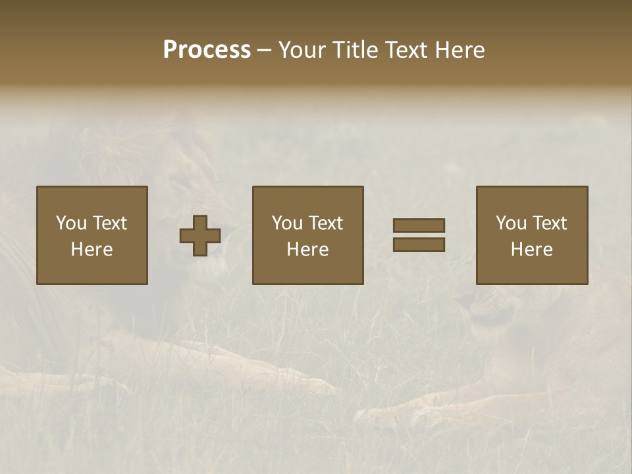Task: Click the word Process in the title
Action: [x=207, y=50]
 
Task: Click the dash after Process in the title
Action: [x=265, y=51]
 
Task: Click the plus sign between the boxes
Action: [x=200, y=236]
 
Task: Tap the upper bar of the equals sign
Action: [x=419, y=225]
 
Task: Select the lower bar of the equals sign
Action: [x=419, y=245]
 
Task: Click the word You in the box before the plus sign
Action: [x=72, y=223]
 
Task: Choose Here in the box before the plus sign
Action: [x=92, y=250]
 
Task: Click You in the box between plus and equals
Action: [x=288, y=223]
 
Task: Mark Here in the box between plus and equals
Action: [x=307, y=250]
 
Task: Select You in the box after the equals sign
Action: [x=512, y=223]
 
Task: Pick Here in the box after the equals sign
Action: [x=531, y=250]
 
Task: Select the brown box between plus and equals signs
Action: [x=307, y=270]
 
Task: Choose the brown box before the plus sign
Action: [x=92, y=270]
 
